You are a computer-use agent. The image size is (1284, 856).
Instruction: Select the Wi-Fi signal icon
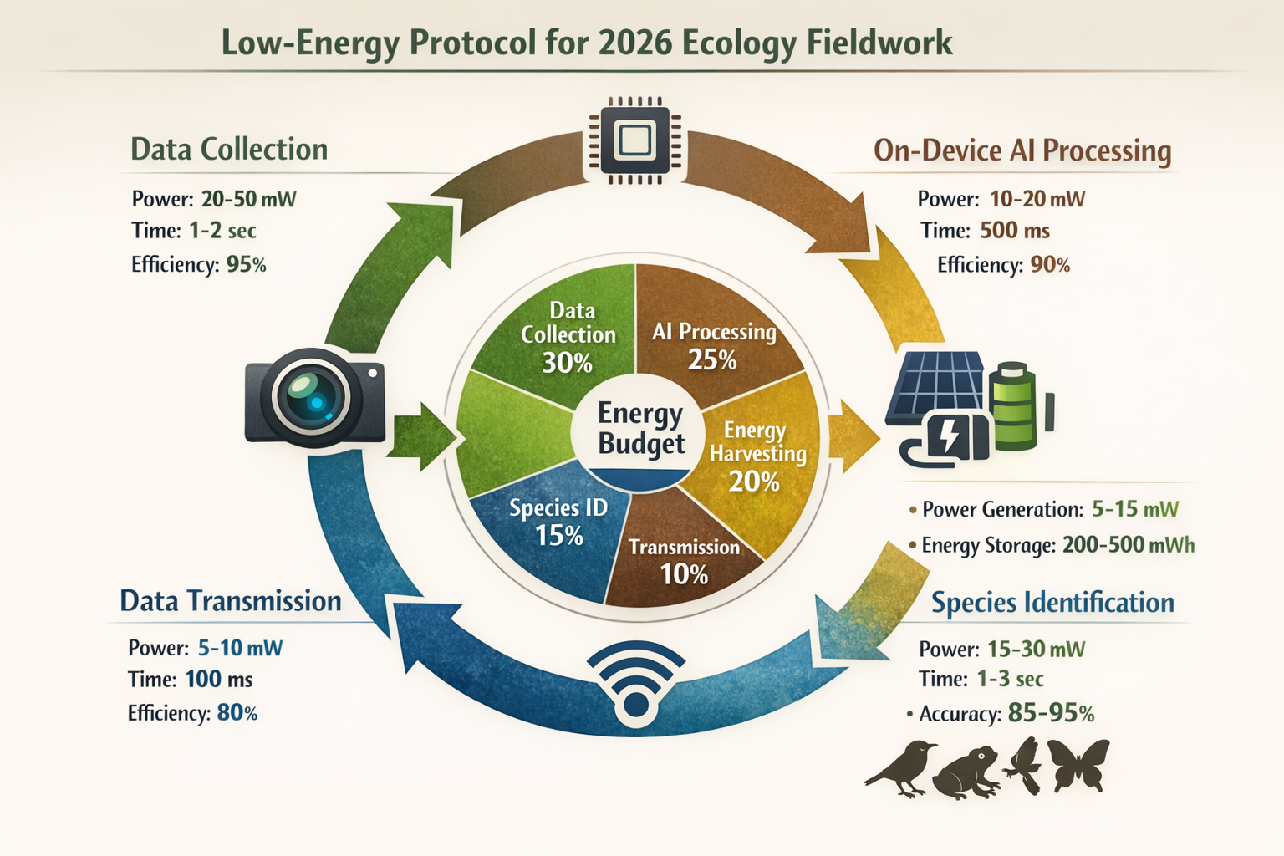tap(635, 681)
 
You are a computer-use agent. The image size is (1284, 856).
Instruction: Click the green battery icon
tap(1013, 406)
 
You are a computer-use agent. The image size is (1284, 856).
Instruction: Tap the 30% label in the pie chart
tap(567, 363)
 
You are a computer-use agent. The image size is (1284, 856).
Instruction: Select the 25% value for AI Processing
tap(712, 359)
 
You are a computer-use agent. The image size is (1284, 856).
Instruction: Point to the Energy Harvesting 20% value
tap(754, 481)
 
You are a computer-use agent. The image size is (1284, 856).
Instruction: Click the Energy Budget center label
tap(641, 428)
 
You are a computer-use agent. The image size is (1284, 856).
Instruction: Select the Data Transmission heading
tap(231, 601)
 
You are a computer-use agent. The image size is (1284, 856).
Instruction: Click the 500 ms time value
tap(1014, 231)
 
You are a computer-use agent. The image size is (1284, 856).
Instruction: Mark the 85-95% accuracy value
tap(1051, 713)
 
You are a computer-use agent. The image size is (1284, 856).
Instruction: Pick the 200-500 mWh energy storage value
tap(1128, 545)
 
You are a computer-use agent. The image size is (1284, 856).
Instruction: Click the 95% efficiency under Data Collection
tap(246, 265)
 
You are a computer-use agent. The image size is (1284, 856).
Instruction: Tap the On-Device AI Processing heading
tap(1022, 150)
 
